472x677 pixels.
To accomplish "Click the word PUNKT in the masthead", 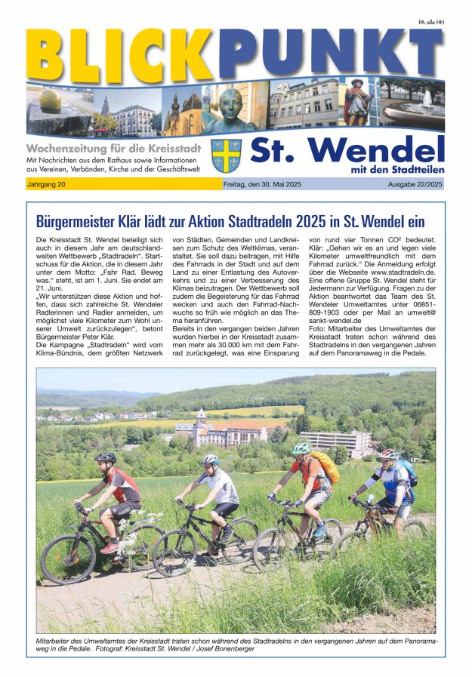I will click(x=329, y=53).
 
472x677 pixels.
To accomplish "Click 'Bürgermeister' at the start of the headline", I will click(x=78, y=222).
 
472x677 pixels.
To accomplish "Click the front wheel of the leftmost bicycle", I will click(x=67, y=559).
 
